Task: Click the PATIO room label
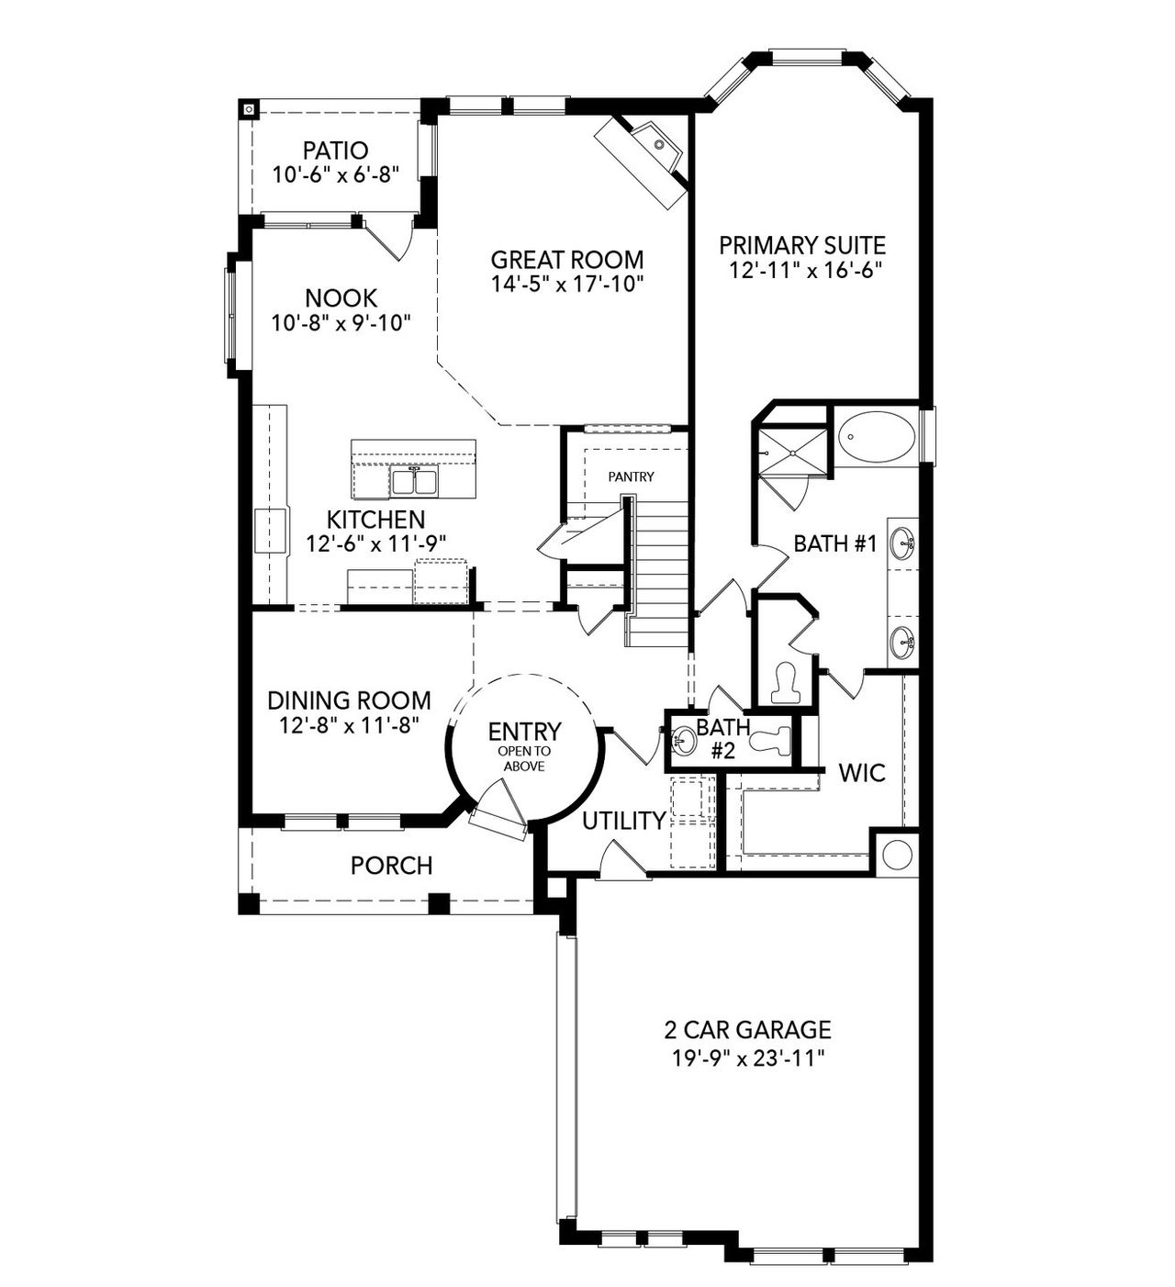335,150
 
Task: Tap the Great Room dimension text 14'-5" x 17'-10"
566,284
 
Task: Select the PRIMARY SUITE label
801,245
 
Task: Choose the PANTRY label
631,476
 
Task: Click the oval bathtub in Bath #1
877,438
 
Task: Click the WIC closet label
861,773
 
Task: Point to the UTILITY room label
623,821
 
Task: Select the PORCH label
391,865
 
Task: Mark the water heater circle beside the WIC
896,853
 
